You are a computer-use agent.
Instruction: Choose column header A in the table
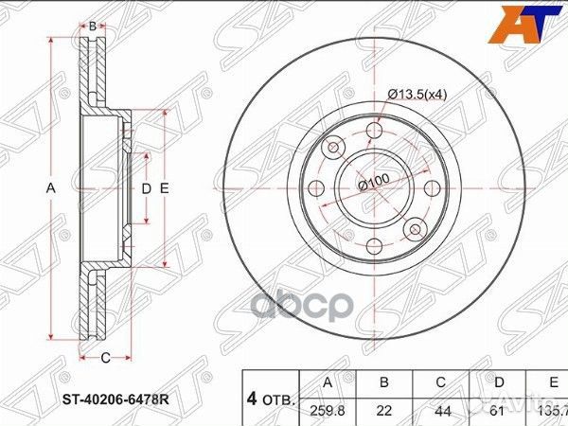click(x=327, y=382)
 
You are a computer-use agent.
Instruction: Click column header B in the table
click(x=384, y=382)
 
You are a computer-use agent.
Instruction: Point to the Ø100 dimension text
click(x=375, y=183)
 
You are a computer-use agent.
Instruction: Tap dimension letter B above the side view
click(x=92, y=27)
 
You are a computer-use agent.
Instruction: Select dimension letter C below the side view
click(x=105, y=357)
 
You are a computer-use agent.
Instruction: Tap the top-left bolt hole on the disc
click(x=334, y=148)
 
